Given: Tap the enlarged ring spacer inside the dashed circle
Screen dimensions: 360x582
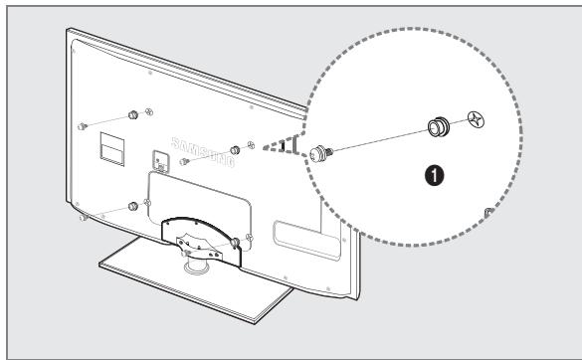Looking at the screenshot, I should [x=436, y=128].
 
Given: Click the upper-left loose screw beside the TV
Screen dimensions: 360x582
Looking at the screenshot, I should [x=84, y=126].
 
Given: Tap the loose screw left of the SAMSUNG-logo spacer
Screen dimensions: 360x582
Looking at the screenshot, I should [x=187, y=159].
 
